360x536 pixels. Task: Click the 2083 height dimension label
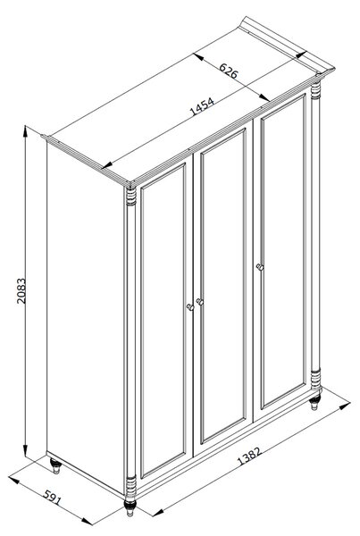point(21,290)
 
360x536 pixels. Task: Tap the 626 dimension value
point(229,71)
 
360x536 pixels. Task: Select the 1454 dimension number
point(202,106)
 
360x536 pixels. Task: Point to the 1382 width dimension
point(249,456)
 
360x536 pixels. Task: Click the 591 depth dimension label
point(53,498)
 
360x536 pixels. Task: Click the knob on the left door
point(190,307)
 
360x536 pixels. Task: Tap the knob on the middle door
point(200,302)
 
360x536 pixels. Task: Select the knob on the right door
point(260,266)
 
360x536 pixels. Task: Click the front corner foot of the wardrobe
point(130,507)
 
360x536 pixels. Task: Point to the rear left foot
point(55,466)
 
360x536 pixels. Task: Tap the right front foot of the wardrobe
point(314,402)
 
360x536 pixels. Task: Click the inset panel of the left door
point(163,321)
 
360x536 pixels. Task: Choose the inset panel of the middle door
point(223,286)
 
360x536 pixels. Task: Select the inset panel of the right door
point(283,251)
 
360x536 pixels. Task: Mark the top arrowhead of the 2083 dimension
point(25,131)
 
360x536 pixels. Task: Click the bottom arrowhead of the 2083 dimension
point(25,450)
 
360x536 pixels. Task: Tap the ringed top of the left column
point(131,197)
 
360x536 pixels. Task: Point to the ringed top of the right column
point(316,90)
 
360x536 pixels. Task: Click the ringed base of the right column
point(316,379)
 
